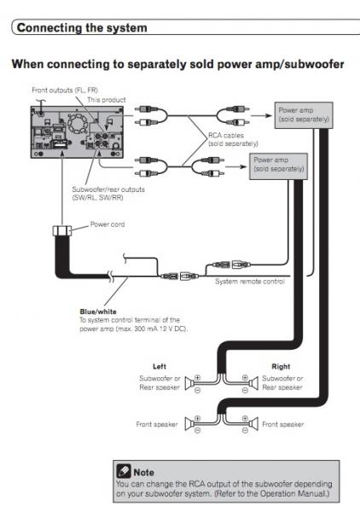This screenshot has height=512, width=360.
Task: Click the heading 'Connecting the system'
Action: coord(82,28)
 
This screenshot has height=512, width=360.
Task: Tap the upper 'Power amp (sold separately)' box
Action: coord(304,115)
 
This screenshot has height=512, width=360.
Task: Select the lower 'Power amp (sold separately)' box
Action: coord(278,166)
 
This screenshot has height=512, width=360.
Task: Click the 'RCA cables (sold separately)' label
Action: coord(233,139)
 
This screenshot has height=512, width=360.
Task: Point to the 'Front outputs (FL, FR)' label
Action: coord(65,90)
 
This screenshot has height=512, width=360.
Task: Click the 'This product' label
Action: coord(107,100)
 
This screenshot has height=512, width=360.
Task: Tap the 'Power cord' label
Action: coord(107,224)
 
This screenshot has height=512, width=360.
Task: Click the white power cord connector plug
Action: coord(62,230)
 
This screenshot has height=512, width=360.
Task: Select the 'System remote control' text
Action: coord(250,282)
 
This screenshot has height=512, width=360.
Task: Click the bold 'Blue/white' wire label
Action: coord(98,311)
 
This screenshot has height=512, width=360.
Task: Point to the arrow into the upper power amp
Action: coord(261,115)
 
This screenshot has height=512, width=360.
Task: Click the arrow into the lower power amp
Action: coord(236,166)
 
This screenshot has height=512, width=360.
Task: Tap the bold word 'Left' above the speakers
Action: coord(160,366)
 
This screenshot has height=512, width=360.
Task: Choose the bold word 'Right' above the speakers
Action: coord(281,366)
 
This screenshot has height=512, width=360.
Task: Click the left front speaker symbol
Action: coord(189,424)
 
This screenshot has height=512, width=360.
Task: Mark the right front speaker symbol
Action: coord(253,424)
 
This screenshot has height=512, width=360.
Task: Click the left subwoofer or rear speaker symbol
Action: coord(189,383)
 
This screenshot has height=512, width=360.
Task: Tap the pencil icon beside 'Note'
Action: coord(124,471)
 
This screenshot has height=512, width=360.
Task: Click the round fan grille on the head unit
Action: coord(77,124)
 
